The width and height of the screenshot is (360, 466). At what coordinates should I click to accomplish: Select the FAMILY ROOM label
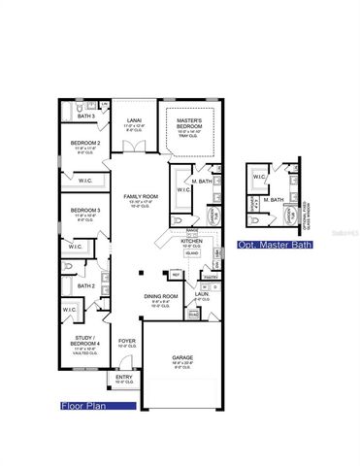(x=138, y=197)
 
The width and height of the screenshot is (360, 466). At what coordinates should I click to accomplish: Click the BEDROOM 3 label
(x=84, y=210)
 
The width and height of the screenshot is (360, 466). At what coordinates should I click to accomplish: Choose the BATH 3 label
(x=85, y=116)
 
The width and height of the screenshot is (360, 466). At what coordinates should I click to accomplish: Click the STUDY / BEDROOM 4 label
(x=84, y=340)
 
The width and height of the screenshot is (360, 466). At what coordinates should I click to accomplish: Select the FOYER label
(x=126, y=341)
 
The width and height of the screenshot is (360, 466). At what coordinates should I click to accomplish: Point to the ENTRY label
(x=124, y=377)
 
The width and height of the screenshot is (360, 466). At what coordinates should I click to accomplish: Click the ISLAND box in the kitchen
(x=192, y=254)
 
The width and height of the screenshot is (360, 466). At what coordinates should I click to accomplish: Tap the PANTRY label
(x=210, y=277)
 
